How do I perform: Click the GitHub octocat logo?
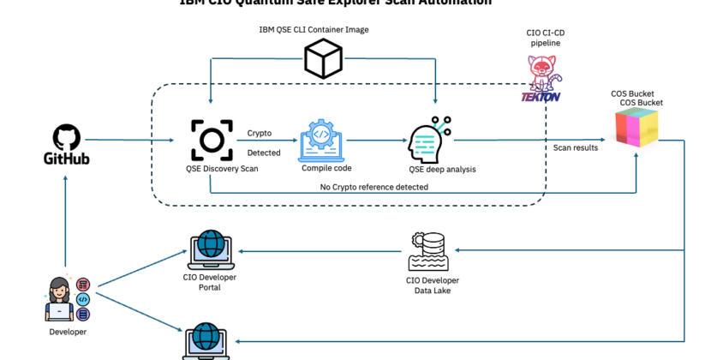coord(66,137)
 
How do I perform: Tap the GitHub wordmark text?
coord(66,159)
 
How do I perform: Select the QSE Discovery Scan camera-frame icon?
coord(211,139)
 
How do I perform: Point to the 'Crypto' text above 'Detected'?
coord(260,133)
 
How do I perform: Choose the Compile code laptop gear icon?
coord(323,139)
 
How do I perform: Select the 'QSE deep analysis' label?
coord(442,169)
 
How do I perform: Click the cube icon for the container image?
coord(323,58)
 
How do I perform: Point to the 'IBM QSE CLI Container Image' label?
coord(314,29)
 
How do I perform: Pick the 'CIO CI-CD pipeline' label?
coord(545,38)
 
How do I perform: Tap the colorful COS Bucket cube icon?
coord(636,129)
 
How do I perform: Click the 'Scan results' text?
coord(575,148)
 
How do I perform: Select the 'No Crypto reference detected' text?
coord(374,187)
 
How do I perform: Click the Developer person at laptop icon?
coord(66,297)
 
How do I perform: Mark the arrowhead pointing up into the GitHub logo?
coord(66,176)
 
